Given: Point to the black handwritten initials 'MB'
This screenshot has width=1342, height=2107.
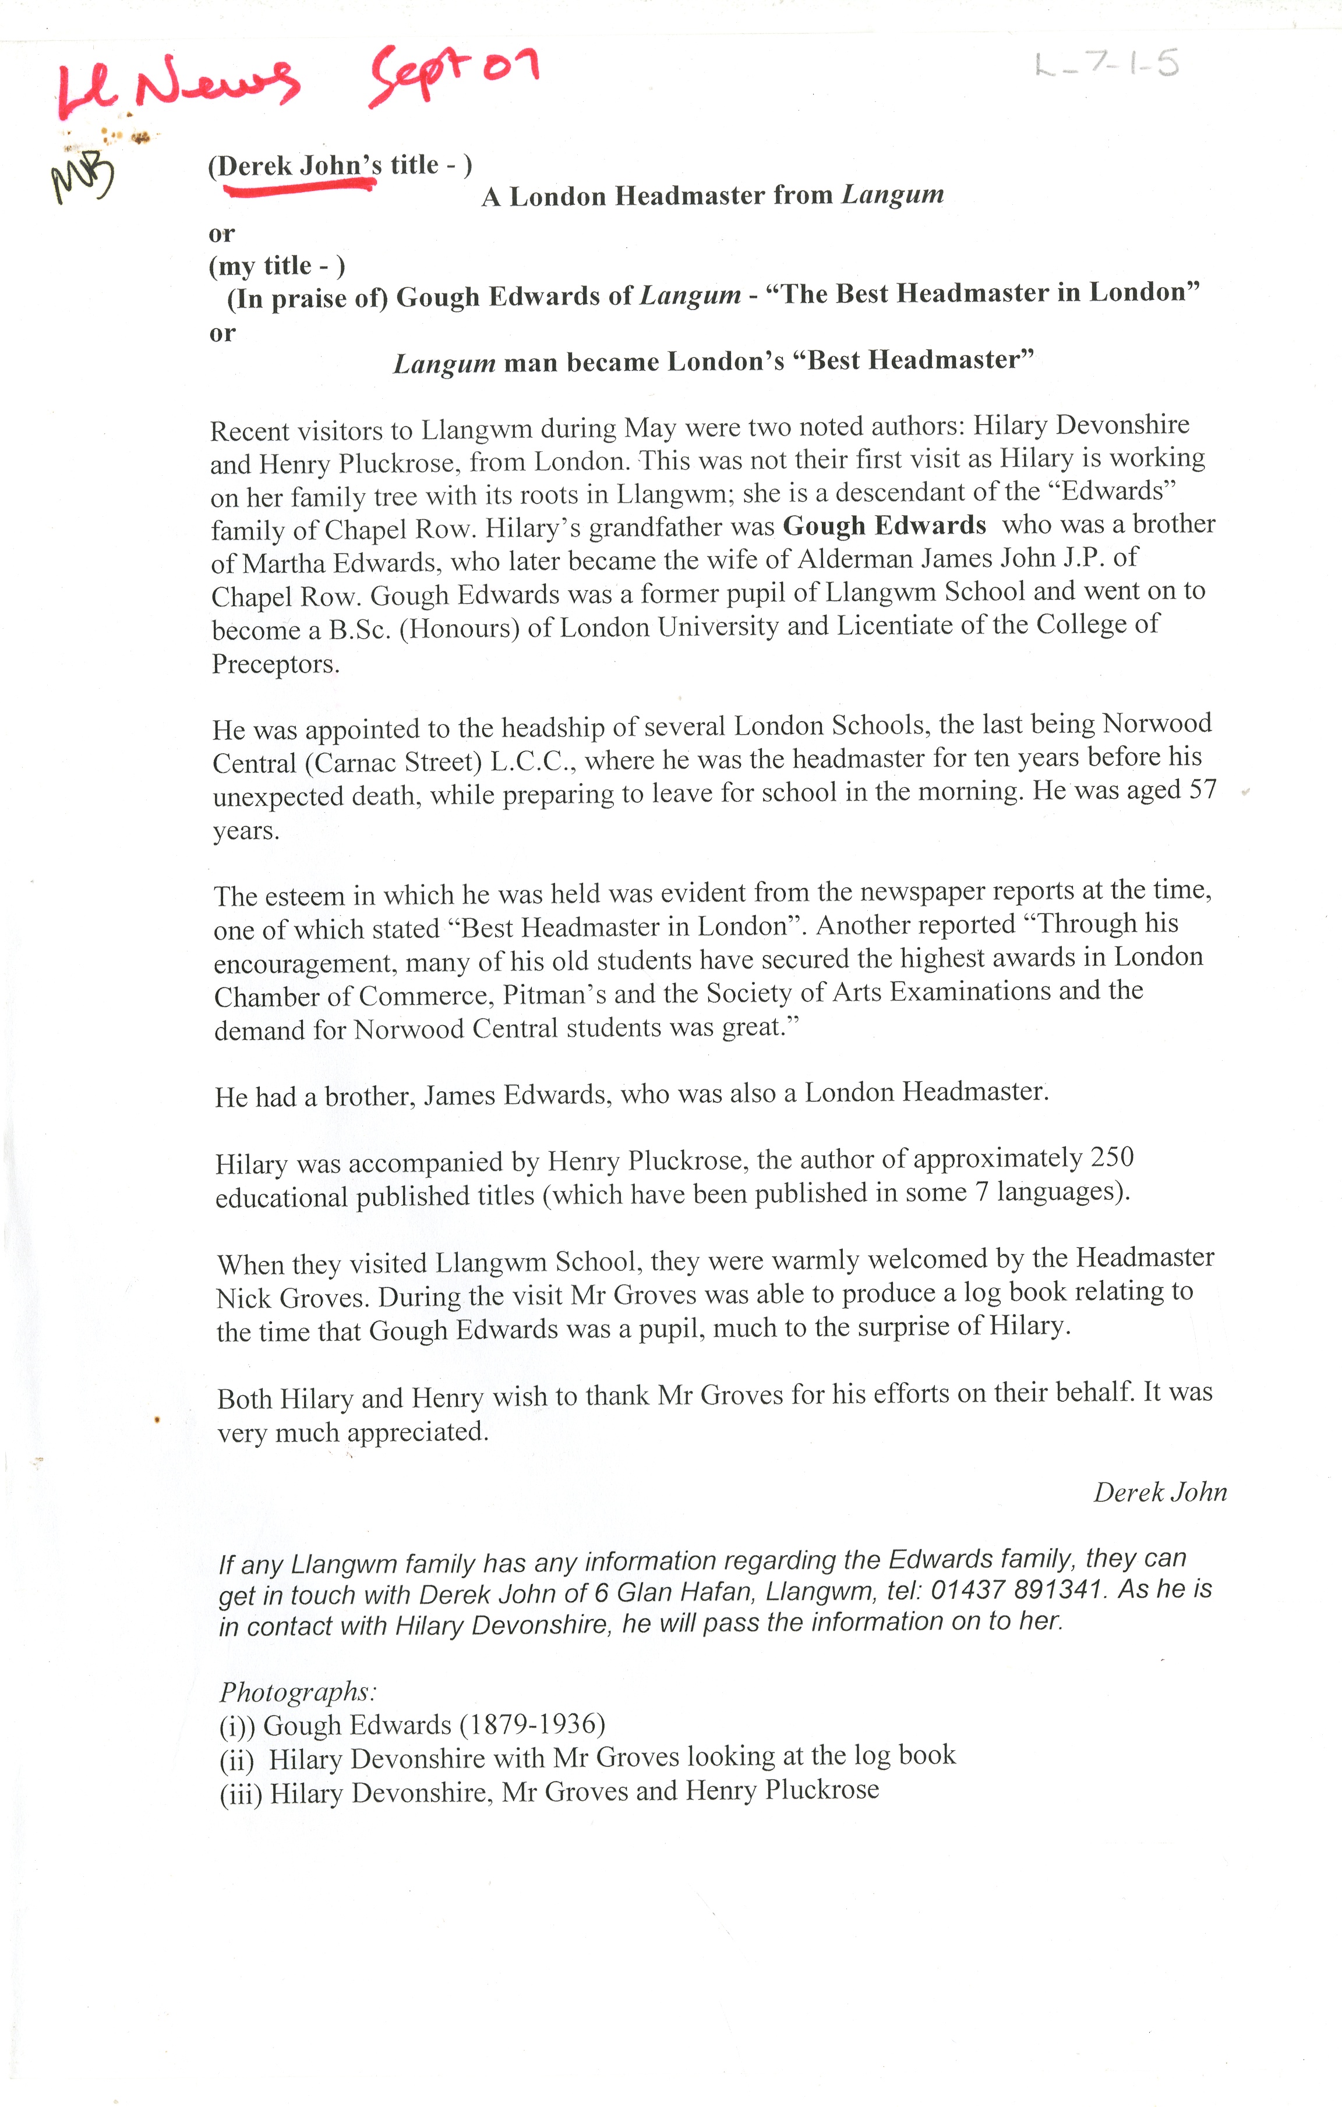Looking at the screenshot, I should [83, 175].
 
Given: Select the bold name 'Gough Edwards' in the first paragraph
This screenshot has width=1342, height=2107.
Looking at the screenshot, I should [884, 526].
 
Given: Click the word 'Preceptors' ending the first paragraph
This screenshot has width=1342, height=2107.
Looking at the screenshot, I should [276, 664].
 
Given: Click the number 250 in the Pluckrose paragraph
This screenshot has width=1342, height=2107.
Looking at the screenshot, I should [1112, 1157].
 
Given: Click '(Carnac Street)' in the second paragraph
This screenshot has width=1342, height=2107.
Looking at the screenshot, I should [394, 762].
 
